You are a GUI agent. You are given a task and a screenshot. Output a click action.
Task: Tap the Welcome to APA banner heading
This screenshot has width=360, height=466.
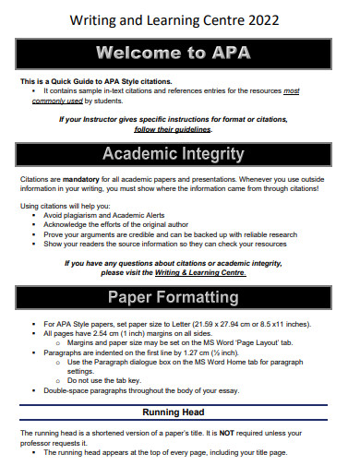coord(179,53)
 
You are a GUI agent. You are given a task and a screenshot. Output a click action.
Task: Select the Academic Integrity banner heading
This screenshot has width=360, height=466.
coord(179,153)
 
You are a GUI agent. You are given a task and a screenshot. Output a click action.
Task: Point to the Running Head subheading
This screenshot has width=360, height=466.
coord(179,412)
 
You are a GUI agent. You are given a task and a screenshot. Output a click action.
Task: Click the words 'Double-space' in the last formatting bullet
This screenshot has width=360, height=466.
coord(66,389)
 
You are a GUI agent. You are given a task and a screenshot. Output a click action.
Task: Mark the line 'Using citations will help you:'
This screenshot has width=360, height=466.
coord(65,204)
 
